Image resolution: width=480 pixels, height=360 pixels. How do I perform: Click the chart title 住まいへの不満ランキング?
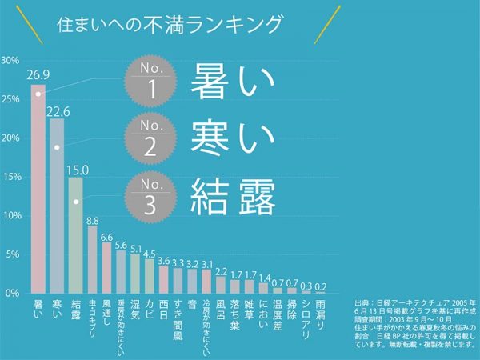pos(170,23)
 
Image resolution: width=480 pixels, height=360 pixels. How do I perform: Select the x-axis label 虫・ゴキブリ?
pos(92,317)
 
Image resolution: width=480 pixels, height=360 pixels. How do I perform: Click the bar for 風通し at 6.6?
pos(107,267)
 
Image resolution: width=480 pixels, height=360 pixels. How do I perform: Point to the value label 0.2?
pos(321,286)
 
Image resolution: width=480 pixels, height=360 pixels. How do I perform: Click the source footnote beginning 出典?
pos(414,326)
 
